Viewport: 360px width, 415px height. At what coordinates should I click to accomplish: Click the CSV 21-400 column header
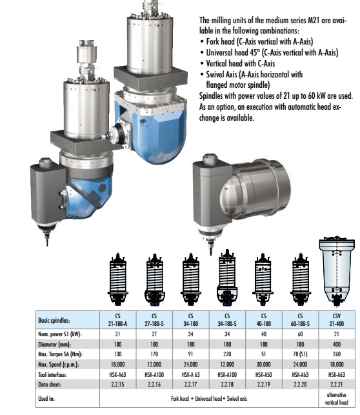[x=337, y=319]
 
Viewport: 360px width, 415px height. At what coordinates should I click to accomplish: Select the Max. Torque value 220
[x=227, y=354]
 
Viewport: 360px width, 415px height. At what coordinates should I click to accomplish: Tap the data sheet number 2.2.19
[x=264, y=385]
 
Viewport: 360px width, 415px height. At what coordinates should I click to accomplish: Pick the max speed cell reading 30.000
[x=264, y=365]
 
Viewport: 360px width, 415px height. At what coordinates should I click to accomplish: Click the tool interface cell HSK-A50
[x=264, y=374]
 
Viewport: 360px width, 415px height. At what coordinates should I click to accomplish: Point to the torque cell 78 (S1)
[x=300, y=354]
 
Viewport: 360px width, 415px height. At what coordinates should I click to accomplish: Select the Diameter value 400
[x=337, y=345]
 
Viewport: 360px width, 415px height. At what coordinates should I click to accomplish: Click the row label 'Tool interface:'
[x=52, y=375]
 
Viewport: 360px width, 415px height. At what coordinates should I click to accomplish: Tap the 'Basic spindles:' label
[x=54, y=320]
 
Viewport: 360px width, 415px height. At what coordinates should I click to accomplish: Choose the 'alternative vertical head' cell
[x=337, y=399]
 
